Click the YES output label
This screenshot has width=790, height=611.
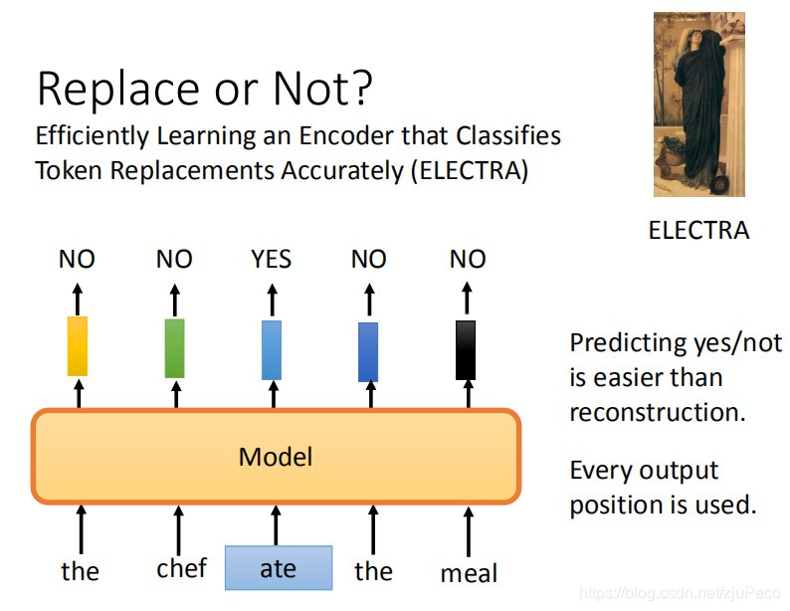coord(271,260)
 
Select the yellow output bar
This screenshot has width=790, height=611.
coord(78,346)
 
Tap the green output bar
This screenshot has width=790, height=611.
coord(174,347)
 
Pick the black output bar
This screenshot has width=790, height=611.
coord(466,349)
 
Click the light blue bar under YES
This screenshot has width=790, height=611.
coord(271,349)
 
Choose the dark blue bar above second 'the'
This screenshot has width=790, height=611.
coord(368,351)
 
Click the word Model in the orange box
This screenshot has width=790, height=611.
coord(276,457)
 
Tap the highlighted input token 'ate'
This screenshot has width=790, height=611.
coord(278,568)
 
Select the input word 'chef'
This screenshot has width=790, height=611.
coord(181,567)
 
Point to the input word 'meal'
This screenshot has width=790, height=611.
coord(469,573)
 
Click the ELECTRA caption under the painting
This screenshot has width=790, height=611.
coord(697,231)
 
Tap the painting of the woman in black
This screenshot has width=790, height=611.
coord(698,103)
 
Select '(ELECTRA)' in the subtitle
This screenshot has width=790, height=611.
coord(468,170)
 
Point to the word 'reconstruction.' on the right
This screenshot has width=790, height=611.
coord(657,412)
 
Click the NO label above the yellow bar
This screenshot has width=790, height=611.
coord(77,260)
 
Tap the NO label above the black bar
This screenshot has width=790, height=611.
coord(467,260)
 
